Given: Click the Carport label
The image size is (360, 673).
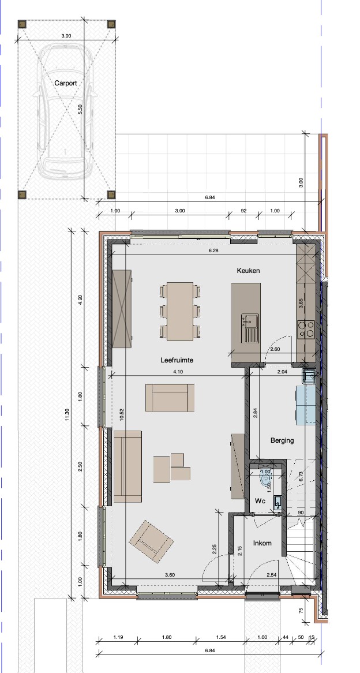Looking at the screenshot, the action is click(66, 83).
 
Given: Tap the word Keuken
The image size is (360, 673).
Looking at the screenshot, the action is click(249, 271).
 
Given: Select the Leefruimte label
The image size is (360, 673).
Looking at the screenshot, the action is click(177, 360).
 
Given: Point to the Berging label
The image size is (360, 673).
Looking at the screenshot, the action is click(282, 440).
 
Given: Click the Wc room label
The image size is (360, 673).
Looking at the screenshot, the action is click(260, 502).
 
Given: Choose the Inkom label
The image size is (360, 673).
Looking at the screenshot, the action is click(262, 543).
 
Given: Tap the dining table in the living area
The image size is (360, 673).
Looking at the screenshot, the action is click(180, 311).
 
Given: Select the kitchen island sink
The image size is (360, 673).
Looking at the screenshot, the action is click(250, 328).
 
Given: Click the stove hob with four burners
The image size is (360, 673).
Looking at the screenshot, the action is click(307, 329).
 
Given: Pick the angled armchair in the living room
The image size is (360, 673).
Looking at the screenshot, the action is click(151, 541).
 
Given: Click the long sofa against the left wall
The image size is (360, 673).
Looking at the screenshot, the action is click(127, 466).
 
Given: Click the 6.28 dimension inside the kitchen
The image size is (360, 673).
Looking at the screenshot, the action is click(213, 250).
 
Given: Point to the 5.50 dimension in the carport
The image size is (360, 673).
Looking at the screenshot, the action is click(80, 110).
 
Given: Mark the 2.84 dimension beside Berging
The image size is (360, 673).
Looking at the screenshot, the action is click(256, 413).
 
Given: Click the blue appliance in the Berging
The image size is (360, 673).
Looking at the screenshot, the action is click(306, 405).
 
